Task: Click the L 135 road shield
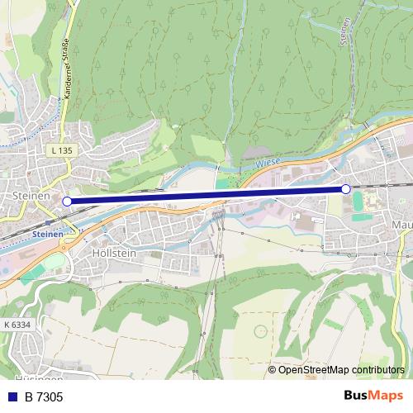[x=61, y=150]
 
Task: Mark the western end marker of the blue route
[x=67, y=201]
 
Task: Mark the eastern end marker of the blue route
[x=345, y=189]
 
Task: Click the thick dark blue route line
[x=206, y=195]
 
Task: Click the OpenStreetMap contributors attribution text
[x=341, y=369]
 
